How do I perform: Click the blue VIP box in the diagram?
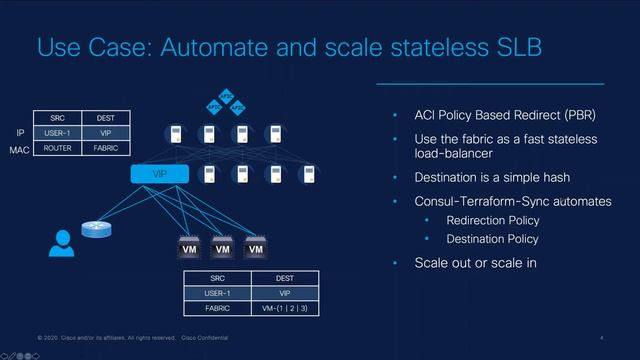point(159,174)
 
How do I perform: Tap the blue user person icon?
point(63,243)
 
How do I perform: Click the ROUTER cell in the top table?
point(57,148)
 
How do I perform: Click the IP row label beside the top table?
point(21,132)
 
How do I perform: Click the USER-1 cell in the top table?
point(57,132)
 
